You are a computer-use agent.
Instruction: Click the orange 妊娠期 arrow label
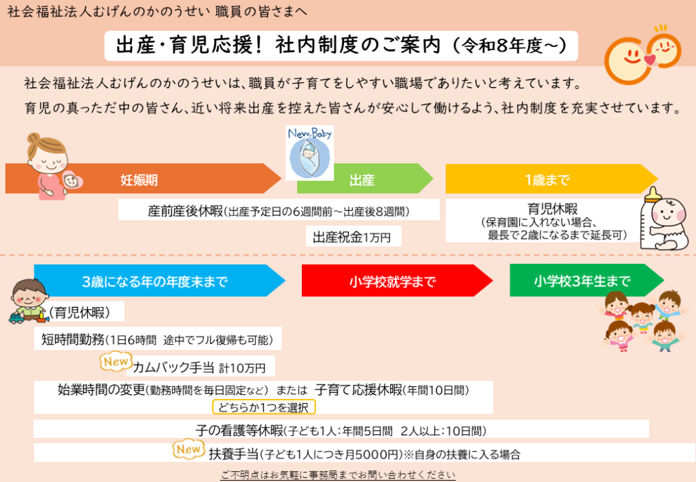pos(139,179)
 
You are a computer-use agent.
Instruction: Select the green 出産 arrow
pos(362,179)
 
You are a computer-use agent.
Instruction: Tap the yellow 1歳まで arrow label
pos(547,179)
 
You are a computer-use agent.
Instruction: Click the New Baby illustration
pos(309,152)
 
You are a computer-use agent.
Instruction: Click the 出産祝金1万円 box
pos(353,237)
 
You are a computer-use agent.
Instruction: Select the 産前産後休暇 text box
pos(279,210)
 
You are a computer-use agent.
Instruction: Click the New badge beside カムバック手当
pos(115,362)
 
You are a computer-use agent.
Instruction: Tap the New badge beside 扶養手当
pos(188,449)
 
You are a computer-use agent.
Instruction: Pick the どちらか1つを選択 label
pos(264,408)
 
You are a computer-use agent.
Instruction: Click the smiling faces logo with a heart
pos(645,54)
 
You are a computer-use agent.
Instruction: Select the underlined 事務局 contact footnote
pos(338,475)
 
